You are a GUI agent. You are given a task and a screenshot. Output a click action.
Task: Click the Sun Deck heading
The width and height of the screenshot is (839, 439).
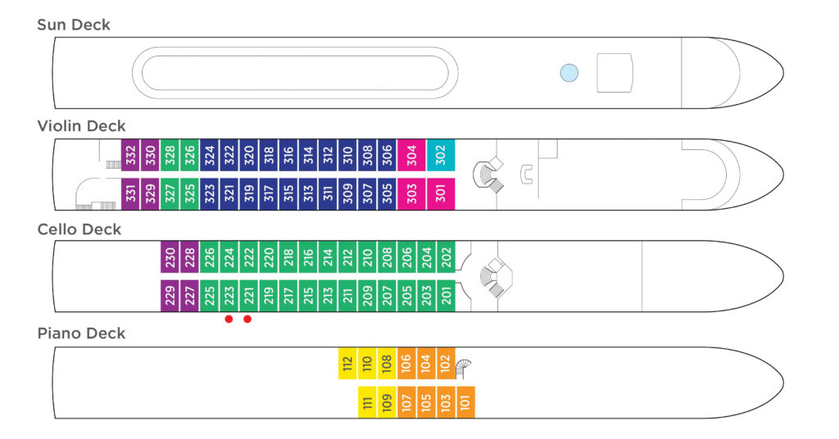[x=73, y=25]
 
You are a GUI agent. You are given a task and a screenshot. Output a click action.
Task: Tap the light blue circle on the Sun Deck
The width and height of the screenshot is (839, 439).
[x=569, y=73]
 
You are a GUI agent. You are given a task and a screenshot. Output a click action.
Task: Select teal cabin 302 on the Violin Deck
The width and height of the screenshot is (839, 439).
[x=440, y=155]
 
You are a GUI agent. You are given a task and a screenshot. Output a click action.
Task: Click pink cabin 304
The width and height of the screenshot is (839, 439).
[x=411, y=155]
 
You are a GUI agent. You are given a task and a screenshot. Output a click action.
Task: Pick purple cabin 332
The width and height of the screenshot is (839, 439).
[x=130, y=155]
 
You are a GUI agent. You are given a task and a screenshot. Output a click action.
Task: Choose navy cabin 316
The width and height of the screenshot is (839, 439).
[x=288, y=155]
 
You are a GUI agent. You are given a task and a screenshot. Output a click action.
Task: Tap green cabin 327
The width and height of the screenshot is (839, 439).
[x=170, y=193]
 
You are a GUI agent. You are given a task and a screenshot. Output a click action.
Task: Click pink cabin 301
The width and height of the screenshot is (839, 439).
[x=440, y=193]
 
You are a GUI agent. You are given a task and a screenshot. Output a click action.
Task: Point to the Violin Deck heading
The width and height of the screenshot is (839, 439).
[x=81, y=126]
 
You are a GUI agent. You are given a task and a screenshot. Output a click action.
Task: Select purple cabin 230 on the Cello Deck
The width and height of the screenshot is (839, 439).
[x=170, y=257]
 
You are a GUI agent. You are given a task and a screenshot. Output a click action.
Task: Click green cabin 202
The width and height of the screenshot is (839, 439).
[x=447, y=257]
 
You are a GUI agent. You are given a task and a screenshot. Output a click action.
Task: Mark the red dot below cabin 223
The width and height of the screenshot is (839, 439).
[x=229, y=319]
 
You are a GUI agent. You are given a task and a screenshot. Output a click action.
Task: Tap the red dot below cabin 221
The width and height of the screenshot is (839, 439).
[x=247, y=319]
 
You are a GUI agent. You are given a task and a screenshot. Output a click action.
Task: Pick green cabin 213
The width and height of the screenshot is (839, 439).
[x=328, y=296]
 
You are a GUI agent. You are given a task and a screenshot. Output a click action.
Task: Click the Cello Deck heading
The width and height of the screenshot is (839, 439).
[x=79, y=229]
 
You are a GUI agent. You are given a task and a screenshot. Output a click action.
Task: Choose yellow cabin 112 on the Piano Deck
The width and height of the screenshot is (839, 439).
[x=347, y=364]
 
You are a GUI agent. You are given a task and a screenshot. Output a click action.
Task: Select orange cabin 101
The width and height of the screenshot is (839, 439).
[x=465, y=402]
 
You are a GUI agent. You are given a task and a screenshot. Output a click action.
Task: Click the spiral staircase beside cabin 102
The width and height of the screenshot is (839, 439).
[x=464, y=369]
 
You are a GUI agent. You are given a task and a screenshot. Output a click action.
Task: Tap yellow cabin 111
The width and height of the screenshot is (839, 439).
[x=367, y=402]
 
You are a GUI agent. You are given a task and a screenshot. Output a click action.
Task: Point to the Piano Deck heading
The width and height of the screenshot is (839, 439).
[x=81, y=333]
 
